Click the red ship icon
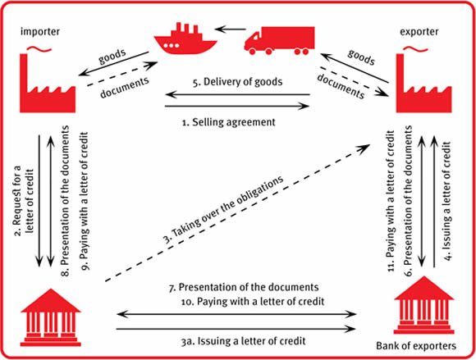coord(185,39)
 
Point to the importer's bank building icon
coord(50,317)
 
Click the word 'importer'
coord(40,31)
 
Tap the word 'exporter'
coord(419,31)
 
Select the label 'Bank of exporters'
coord(416,346)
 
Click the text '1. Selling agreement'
coord(229,122)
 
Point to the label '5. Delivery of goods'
coord(237,82)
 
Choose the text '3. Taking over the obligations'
coord(223,209)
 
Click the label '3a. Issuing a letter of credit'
coord(243,341)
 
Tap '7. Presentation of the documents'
coord(244,287)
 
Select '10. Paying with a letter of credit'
coord(253,302)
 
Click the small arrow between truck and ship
coord(230,30)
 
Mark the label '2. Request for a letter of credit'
coord(23,200)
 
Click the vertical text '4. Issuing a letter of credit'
coord(446,201)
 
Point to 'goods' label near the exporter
coord(361,57)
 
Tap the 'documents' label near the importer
coord(125,88)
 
